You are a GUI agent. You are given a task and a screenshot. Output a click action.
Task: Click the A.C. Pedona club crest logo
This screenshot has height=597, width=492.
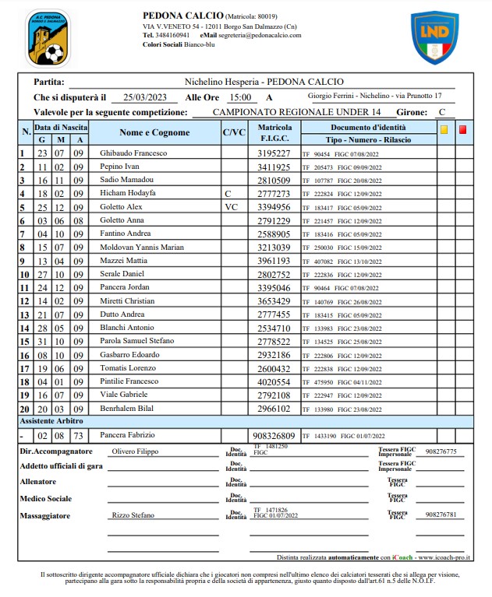[x=46, y=38]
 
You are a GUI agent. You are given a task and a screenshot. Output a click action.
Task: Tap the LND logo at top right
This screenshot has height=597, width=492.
[x=434, y=37]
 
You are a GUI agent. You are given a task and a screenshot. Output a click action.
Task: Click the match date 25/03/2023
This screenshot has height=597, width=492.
[x=145, y=97]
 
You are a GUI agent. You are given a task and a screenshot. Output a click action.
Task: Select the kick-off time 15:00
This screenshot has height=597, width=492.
[x=239, y=97]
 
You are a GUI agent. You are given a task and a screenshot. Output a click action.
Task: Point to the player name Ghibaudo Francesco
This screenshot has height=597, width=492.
[x=133, y=153]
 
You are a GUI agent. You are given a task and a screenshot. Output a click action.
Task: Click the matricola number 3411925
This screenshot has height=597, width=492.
[x=274, y=167]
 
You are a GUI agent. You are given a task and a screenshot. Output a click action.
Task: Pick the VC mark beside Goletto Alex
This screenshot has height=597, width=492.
[x=231, y=208]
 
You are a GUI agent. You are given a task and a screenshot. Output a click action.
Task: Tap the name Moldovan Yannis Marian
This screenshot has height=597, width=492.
[x=143, y=248]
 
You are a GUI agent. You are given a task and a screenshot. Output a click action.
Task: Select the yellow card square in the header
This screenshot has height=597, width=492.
[x=444, y=130]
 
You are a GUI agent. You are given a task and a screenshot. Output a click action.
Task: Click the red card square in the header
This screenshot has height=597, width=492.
[x=462, y=130]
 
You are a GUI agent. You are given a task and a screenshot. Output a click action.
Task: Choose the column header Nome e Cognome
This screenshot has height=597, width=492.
[x=154, y=132]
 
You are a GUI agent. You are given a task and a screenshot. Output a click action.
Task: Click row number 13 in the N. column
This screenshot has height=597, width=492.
[x=24, y=314]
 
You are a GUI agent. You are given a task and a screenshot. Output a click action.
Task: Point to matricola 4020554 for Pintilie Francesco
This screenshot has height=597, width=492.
[x=274, y=382]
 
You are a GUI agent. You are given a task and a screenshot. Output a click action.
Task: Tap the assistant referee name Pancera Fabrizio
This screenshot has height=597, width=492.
[x=127, y=435]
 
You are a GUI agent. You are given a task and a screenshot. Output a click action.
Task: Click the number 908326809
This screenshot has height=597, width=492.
[x=270, y=436]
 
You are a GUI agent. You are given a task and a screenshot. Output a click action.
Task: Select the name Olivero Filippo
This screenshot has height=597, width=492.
[x=135, y=451]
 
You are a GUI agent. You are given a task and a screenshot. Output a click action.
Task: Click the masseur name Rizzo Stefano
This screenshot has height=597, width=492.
[x=133, y=514]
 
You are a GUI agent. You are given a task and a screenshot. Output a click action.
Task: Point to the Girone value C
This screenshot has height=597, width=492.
[x=442, y=112]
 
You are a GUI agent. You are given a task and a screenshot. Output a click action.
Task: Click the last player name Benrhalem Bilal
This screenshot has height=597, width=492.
[x=127, y=409]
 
